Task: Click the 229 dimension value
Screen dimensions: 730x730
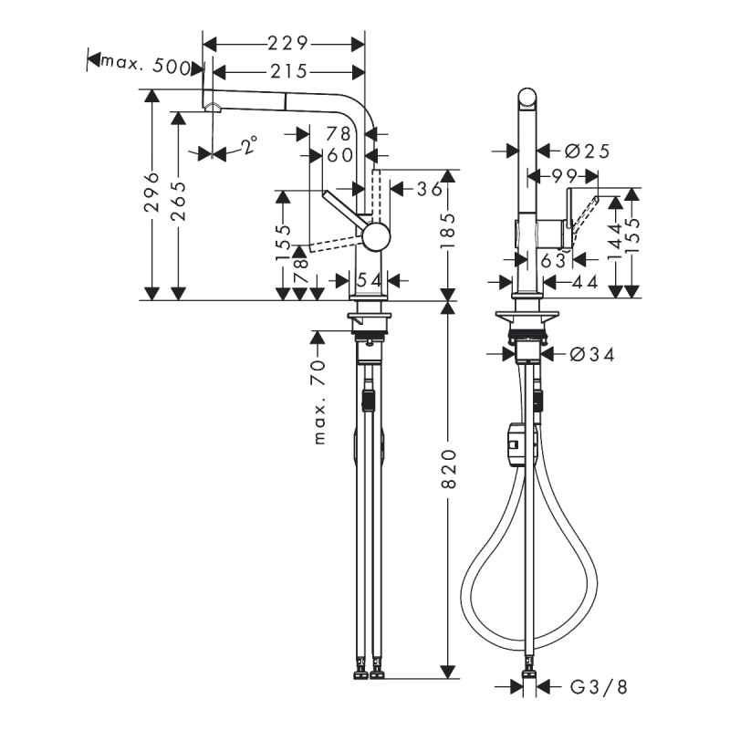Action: click(x=284, y=43)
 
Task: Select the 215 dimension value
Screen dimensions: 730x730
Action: click(x=284, y=70)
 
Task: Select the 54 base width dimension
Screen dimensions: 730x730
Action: click(x=370, y=280)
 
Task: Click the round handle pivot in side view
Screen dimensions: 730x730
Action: click(x=375, y=237)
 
